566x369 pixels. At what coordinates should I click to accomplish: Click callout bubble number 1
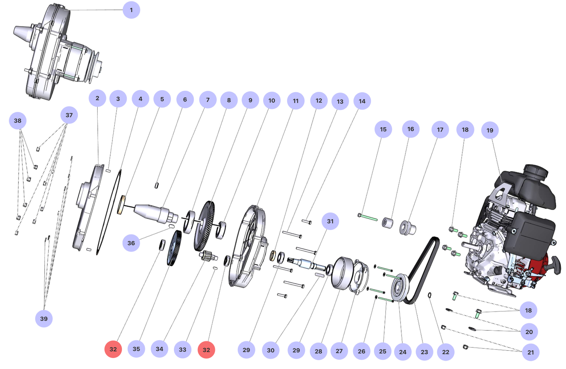(131, 10)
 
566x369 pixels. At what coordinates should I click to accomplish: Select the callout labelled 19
(490, 130)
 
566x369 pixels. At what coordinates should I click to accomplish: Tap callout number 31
(330, 221)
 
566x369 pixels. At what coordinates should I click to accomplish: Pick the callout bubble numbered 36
(131, 243)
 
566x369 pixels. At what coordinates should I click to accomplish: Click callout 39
(44, 318)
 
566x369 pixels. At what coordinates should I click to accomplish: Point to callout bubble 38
(18, 121)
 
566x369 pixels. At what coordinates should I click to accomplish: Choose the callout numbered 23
(424, 352)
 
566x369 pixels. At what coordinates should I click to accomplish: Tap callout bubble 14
(362, 101)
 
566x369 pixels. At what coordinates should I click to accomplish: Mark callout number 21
(531, 352)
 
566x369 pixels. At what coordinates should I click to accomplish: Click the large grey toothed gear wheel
(204, 226)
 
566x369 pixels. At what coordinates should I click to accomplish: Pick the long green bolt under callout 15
(368, 217)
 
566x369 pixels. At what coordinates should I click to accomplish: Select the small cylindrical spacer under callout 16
(388, 223)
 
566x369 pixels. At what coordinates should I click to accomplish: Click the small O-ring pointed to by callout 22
(429, 295)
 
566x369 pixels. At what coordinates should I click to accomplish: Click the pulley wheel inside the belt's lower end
(400, 288)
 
